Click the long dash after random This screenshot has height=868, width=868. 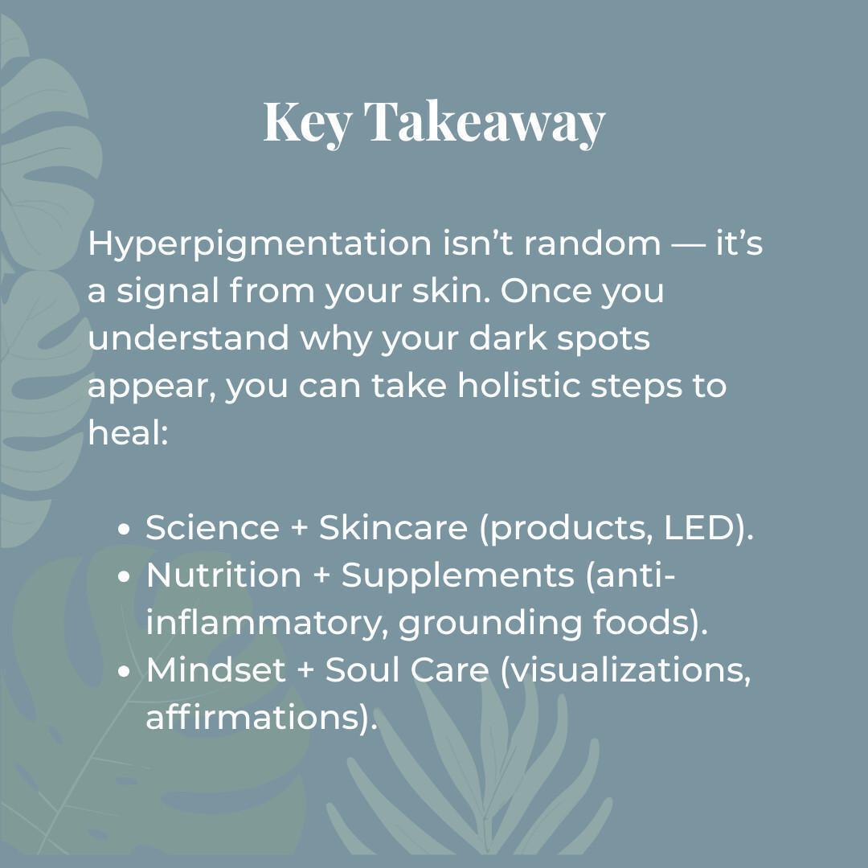point(688,244)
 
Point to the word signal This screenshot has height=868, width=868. point(168,292)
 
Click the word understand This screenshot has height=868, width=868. point(188,338)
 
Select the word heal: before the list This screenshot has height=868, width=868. point(128,433)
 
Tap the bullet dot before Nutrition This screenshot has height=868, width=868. point(124,577)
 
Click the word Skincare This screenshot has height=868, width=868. point(393,528)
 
